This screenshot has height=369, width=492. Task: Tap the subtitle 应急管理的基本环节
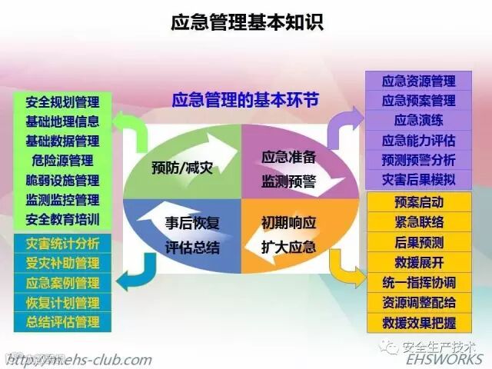(244, 101)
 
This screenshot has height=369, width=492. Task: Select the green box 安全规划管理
(62, 101)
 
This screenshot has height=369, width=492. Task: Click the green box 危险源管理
(62, 161)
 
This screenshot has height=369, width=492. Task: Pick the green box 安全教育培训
(62, 219)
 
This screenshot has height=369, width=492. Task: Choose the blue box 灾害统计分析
(62, 244)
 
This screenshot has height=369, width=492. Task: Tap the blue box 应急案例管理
(62, 283)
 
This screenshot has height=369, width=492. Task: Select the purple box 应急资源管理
(419, 81)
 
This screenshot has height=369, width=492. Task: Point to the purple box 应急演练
(419, 120)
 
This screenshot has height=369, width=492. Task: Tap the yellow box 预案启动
(419, 203)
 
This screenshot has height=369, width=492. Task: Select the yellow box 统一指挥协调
(419, 282)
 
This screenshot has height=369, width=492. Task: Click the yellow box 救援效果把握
(419, 322)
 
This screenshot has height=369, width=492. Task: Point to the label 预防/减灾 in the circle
(182, 167)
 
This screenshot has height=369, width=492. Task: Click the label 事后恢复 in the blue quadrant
(192, 224)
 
